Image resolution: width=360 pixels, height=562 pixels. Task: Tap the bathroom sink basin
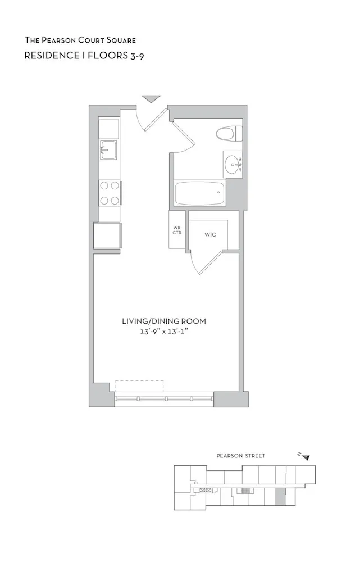pyautogui.click(x=231, y=165)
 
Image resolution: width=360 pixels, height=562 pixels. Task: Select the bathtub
pyautogui.click(x=199, y=194)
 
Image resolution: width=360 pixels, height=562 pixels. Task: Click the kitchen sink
pyautogui.click(x=108, y=150)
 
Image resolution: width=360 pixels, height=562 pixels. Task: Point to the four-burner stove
pyautogui.click(x=109, y=192)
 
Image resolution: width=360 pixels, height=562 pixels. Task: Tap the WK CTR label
pyautogui.click(x=177, y=229)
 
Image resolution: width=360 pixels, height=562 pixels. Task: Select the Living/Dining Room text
pyautogui.click(x=164, y=321)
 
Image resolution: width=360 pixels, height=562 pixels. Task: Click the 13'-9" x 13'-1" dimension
pyautogui.click(x=164, y=332)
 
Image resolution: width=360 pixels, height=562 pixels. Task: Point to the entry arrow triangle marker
pyautogui.click(x=151, y=99)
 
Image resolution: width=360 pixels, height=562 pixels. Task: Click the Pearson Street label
pyautogui.click(x=241, y=456)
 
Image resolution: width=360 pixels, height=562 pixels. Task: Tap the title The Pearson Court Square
pyautogui.click(x=80, y=40)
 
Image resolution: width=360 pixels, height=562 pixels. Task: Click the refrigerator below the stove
pyautogui.click(x=107, y=235)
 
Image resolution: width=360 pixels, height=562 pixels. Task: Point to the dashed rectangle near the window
pyautogui.click(x=139, y=386)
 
